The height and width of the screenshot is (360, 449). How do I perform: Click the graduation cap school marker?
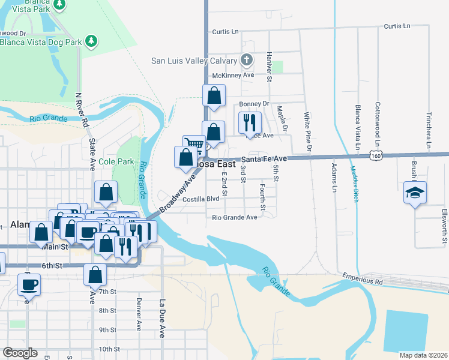coord(415,193)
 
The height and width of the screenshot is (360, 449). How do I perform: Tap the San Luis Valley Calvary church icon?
coord(246,60)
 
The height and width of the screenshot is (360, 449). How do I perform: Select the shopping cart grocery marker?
coord(193,145)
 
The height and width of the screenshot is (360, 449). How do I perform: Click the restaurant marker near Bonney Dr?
coord(250,122)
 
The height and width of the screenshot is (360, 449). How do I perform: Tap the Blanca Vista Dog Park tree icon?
coord(91,41)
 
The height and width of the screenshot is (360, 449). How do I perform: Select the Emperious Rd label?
coord(363,280)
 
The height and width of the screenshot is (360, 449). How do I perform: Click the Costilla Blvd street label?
coord(201,199)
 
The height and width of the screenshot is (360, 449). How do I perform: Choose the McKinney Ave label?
coord(234,75)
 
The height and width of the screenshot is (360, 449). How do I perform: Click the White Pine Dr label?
coord(307,131)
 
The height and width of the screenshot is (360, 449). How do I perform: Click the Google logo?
coord(20,353)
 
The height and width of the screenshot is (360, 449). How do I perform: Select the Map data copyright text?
coord(423,355)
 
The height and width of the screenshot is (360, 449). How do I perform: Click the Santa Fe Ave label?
coord(265,159)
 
